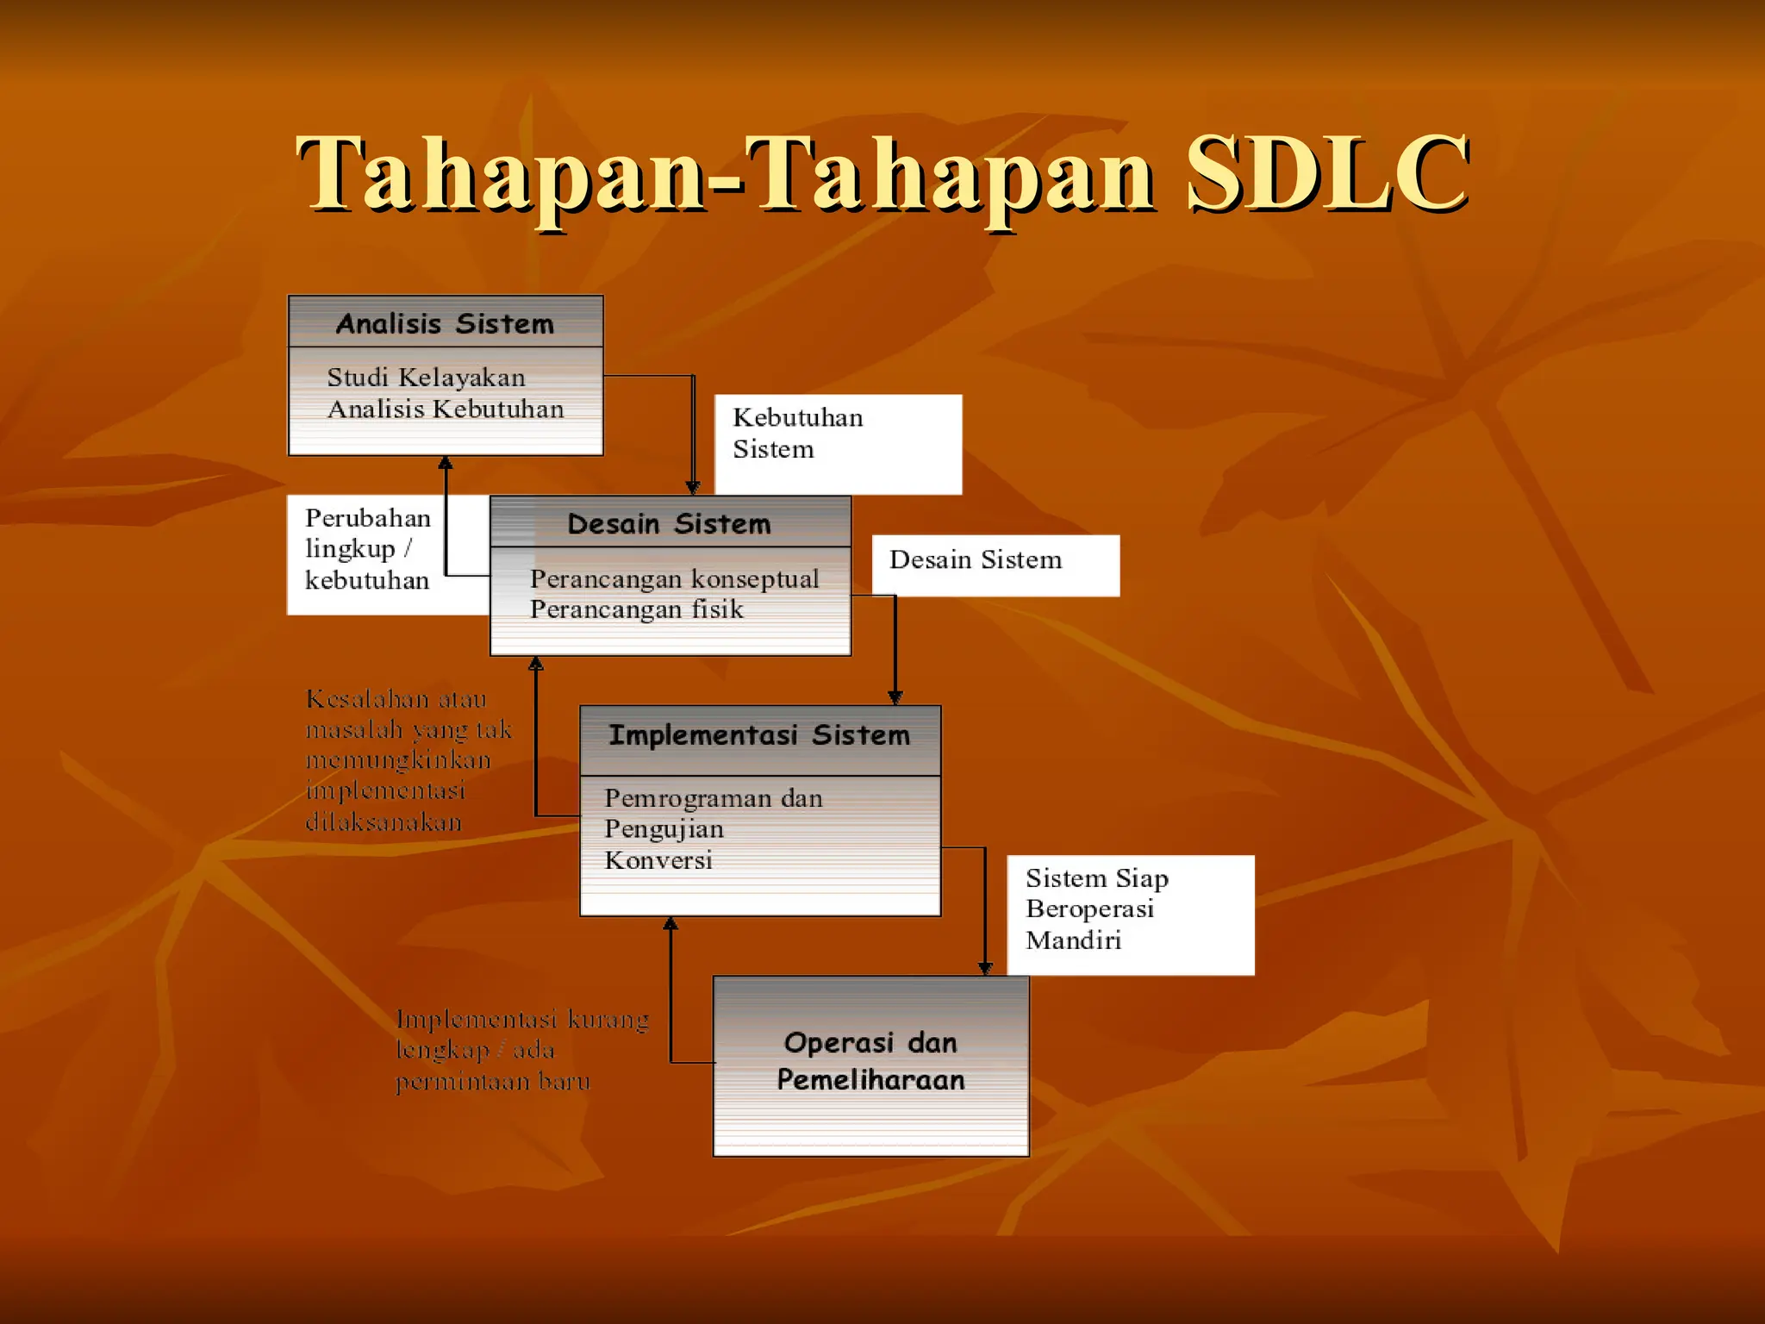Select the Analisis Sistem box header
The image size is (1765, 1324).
tap(445, 323)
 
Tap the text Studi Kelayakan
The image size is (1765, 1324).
tap(426, 378)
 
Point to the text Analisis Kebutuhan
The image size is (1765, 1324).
tap(446, 409)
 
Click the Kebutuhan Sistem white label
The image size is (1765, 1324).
tap(837, 444)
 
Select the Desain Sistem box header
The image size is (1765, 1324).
tap(670, 523)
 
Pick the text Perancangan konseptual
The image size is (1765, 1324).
tap(674, 578)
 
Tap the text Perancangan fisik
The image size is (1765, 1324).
tap(636, 609)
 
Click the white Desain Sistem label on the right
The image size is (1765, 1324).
tap(995, 565)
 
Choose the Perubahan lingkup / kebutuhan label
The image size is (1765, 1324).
tap(369, 549)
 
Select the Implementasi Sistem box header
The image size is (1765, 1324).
tap(759, 735)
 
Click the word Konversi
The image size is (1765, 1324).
tap(658, 860)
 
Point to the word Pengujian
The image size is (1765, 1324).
tap(664, 829)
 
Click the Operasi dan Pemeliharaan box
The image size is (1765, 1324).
tap(870, 1065)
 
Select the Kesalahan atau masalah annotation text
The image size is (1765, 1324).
tap(408, 759)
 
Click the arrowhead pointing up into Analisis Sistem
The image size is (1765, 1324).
tap(446, 464)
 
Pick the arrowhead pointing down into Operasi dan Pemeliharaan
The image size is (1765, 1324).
tap(985, 968)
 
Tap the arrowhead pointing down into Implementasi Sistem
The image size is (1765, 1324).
tap(895, 697)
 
